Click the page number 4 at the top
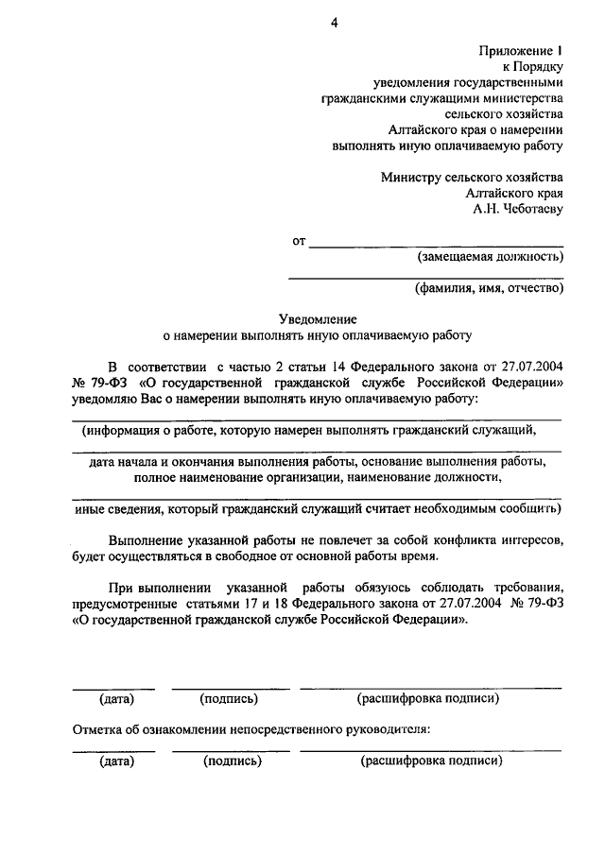pyautogui.click(x=333, y=26)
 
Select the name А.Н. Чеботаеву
pyautogui.click(x=518, y=209)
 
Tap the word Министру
pyautogui.click(x=415, y=177)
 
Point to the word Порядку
pyautogui.click(x=539, y=66)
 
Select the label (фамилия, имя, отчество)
pyautogui.click(x=489, y=289)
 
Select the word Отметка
pyautogui.click(x=97, y=730)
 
